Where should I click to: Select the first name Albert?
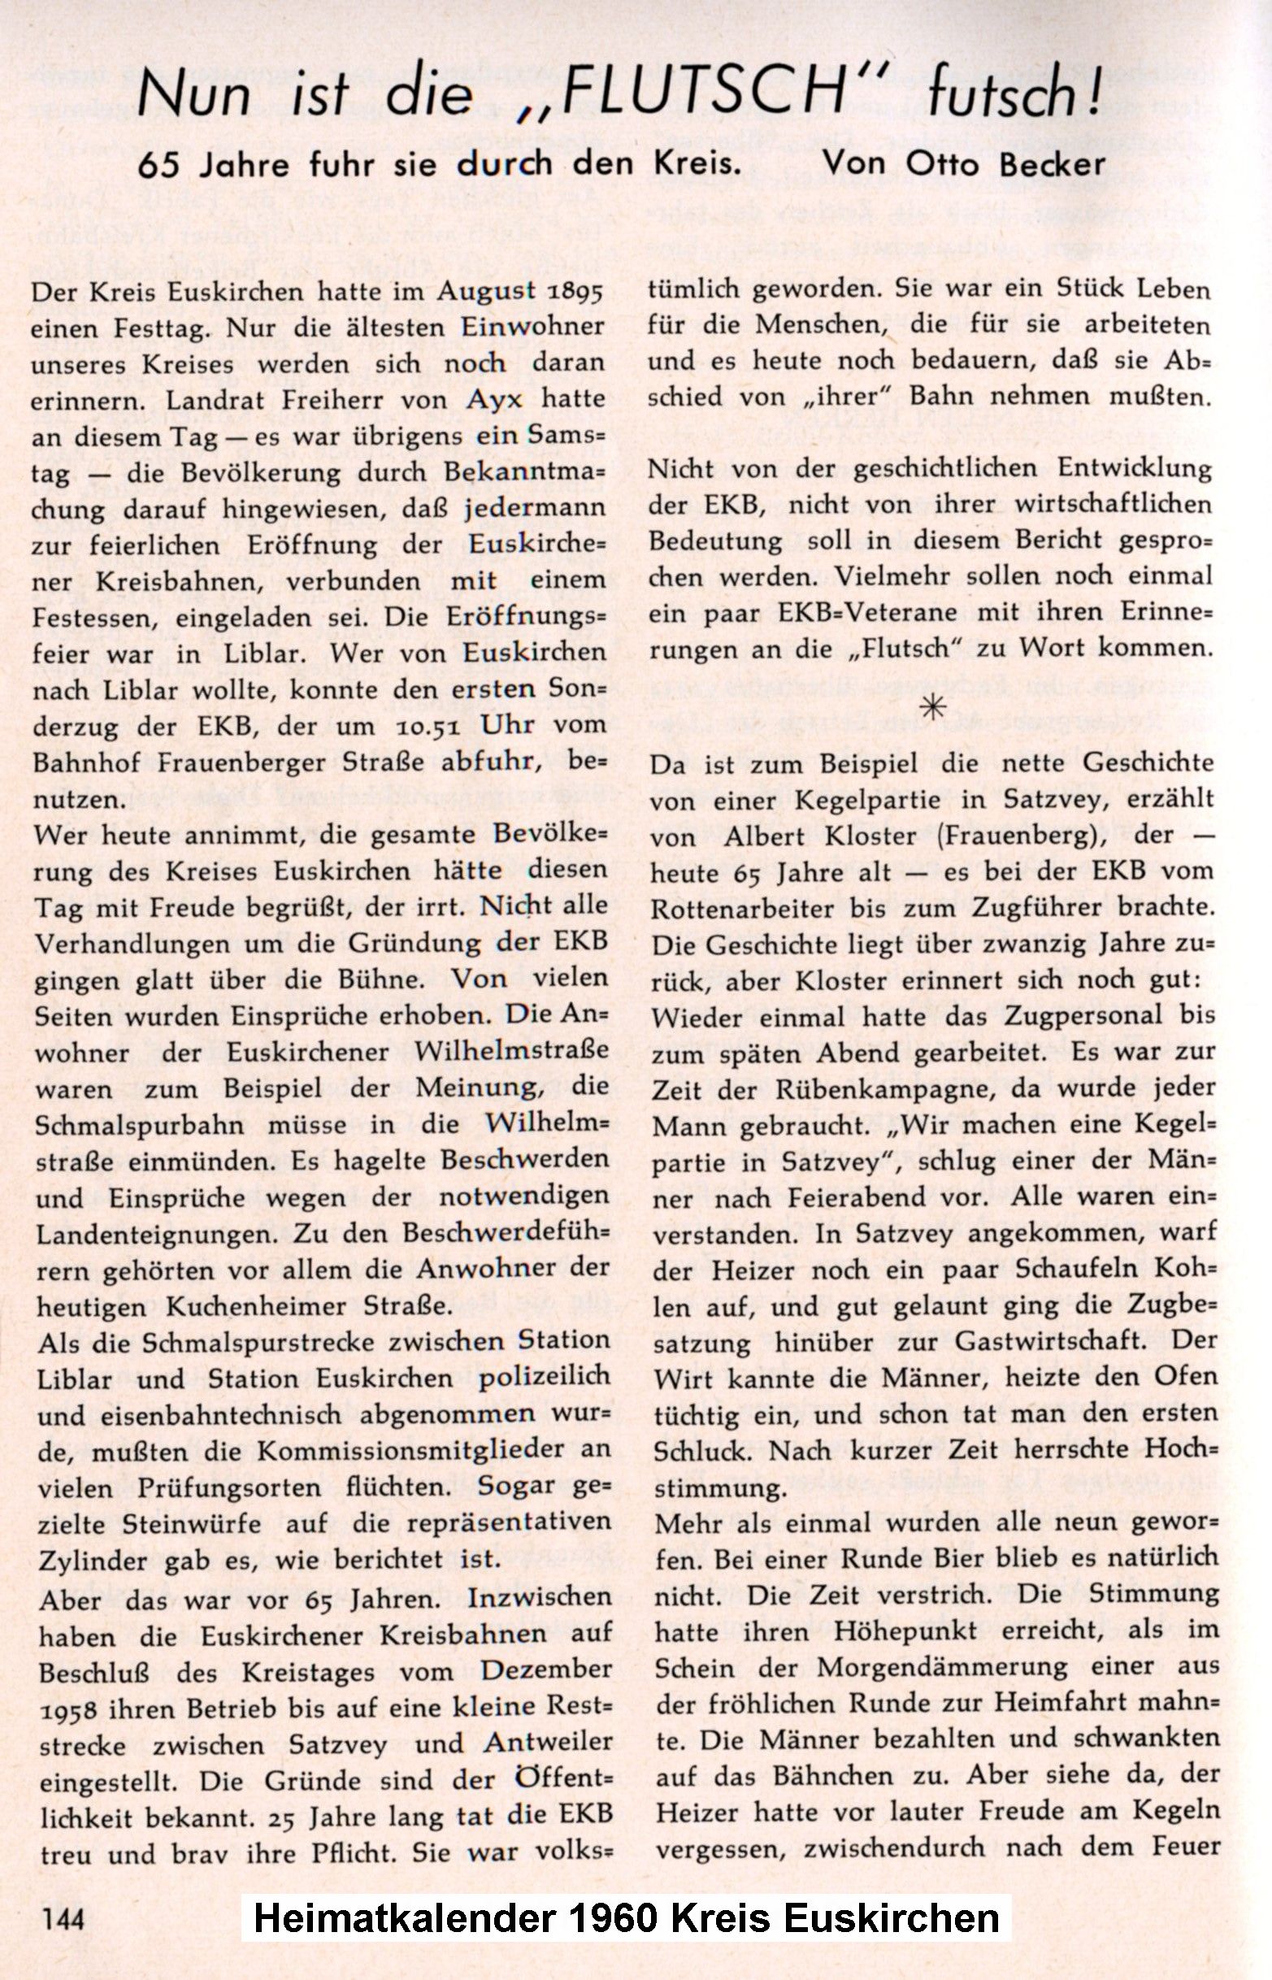click(762, 835)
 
